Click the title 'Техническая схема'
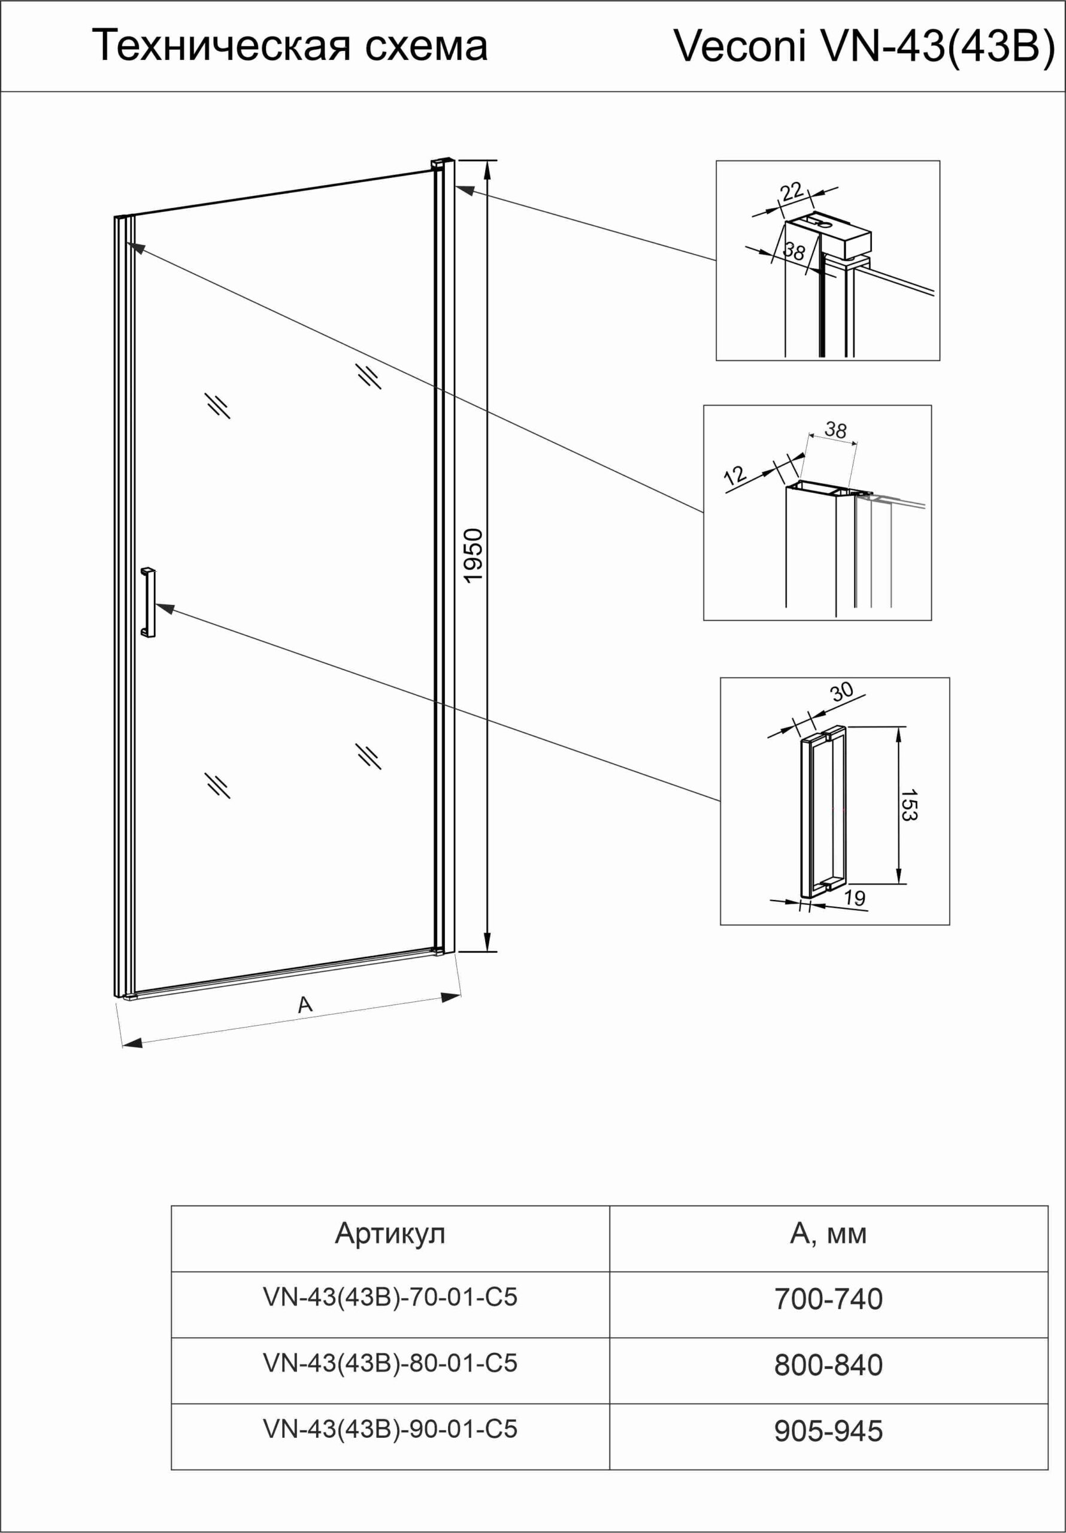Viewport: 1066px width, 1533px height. click(289, 46)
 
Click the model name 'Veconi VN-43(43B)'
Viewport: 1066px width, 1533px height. click(864, 46)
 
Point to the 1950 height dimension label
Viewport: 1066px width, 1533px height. click(473, 556)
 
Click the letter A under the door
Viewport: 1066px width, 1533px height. click(305, 1004)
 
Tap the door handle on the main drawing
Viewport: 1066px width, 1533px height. click(149, 602)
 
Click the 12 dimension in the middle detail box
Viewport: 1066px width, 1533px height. click(734, 475)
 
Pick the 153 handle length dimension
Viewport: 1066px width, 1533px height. click(909, 805)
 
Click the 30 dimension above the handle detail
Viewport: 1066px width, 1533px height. click(841, 691)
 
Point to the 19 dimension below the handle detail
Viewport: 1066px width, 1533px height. click(854, 898)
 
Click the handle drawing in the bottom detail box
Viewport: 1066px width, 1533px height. click(823, 811)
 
